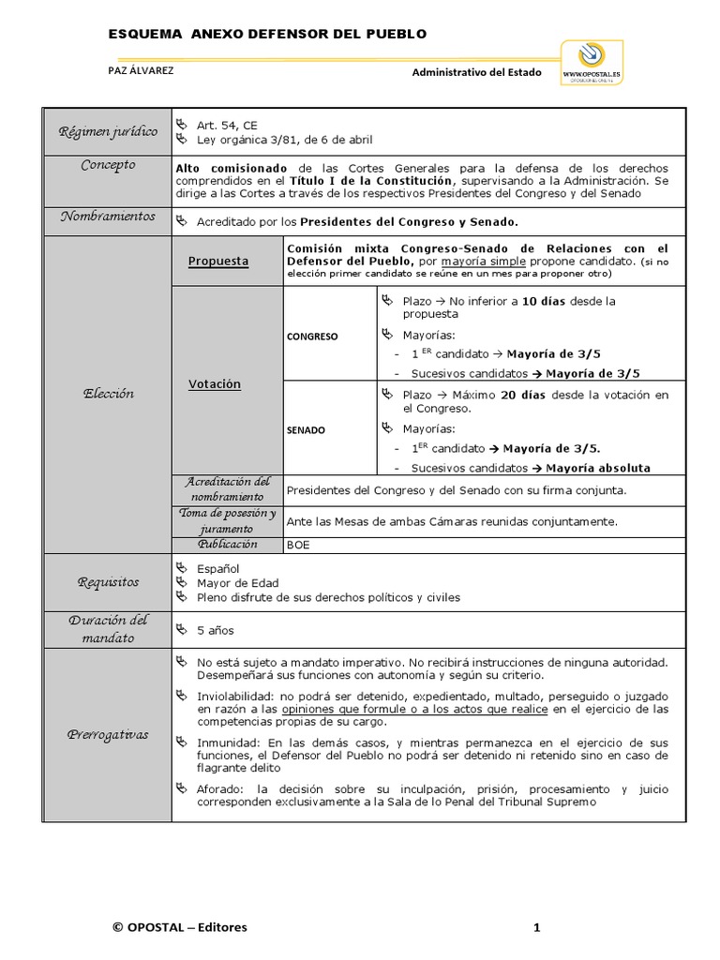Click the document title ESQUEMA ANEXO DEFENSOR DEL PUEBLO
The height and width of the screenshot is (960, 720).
pos(267,34)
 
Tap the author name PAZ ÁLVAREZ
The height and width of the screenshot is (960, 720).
pos(142,70)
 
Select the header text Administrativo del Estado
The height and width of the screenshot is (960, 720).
pos(476,71)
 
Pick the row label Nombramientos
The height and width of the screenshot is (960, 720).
pos(109,217)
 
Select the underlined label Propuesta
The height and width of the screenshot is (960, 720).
pos(217,262)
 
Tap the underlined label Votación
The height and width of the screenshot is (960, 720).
pos(215,384)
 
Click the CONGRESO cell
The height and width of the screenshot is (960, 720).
pos(312,336)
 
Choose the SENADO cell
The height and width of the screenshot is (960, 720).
pos(307,430)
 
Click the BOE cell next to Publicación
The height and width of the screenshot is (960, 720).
pos(298,545)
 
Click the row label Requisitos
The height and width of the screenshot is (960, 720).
pos(109,582)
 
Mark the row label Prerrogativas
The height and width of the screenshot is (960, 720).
pos(109,734)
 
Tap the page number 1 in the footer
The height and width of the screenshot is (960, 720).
pos(537,928)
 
